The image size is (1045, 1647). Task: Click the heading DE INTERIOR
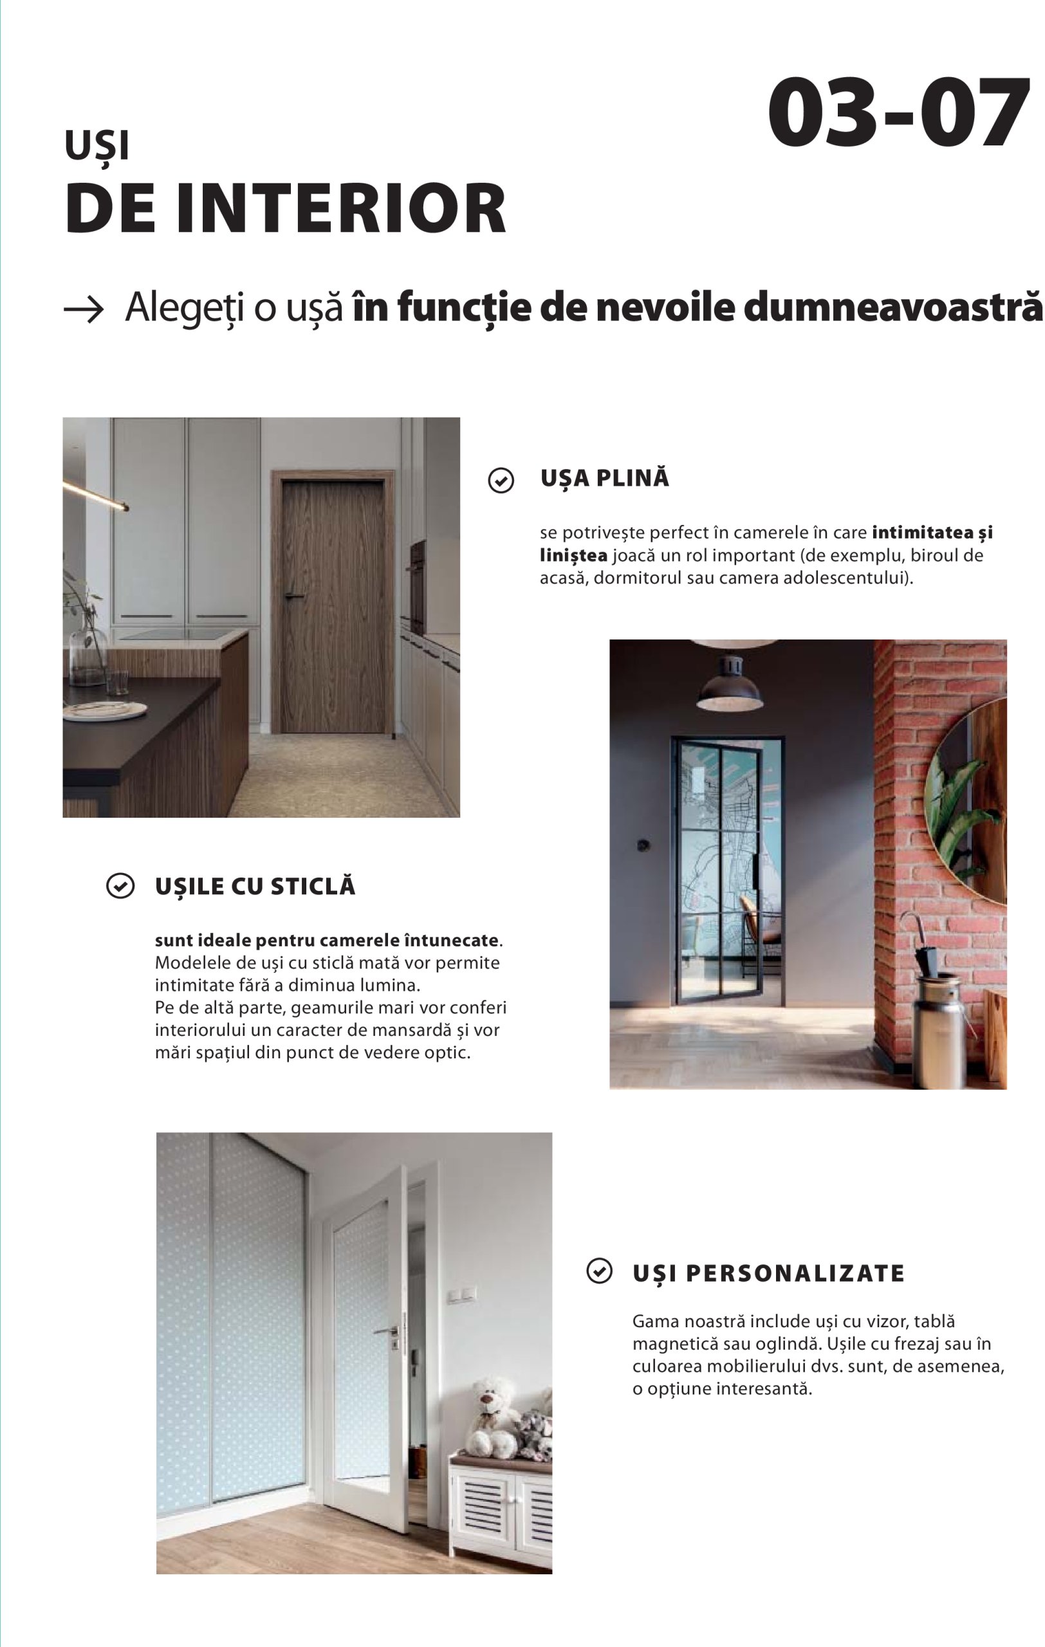click(285, 208)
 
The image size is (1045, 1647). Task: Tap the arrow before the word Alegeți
click(84, 309)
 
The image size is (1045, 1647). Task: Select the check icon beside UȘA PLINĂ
click(501, 480)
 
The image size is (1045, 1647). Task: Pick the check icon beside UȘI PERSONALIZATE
click(599, 1271)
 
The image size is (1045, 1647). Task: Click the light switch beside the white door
click(461, 1294)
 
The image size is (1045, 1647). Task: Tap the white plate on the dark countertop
click(104, 712)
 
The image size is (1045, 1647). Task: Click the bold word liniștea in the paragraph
click(573, 555)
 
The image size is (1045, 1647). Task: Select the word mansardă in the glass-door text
click(407, 1029)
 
